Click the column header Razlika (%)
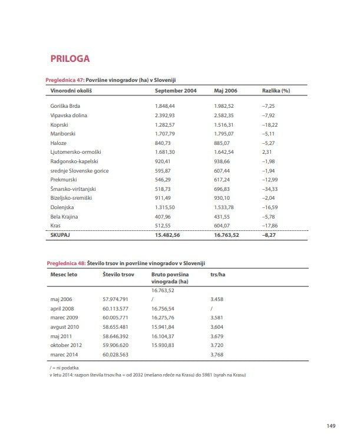(276, 91)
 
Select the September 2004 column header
(176, 91)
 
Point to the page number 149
(331, 427)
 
